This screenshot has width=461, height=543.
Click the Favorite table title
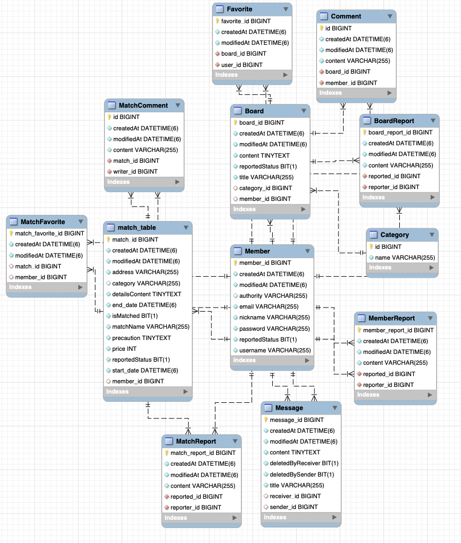[x=239, y=9]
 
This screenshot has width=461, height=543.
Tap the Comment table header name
[x=346, y=16]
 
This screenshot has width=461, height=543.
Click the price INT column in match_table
[x=124, y=349]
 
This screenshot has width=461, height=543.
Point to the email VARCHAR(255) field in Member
[x=269, y=307]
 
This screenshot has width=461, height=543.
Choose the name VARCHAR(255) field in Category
[x=404, y=258]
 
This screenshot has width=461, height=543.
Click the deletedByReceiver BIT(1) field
[x=304, y=463]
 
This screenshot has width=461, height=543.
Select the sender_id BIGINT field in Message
[x=294, y=507]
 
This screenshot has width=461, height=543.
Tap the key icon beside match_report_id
[x=167, y=453]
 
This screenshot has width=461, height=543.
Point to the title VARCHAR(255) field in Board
[x=266, y=177]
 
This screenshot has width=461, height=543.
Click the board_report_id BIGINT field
[x=400, y=132]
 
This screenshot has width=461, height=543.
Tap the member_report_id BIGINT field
[x=398, y=330]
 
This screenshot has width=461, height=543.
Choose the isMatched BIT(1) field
[x=135, y=316]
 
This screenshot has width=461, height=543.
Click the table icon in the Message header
[x=268, y=408]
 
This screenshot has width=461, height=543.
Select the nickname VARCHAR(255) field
[x=274, y=317]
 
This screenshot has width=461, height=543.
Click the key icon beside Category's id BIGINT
[x=371, y=247]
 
